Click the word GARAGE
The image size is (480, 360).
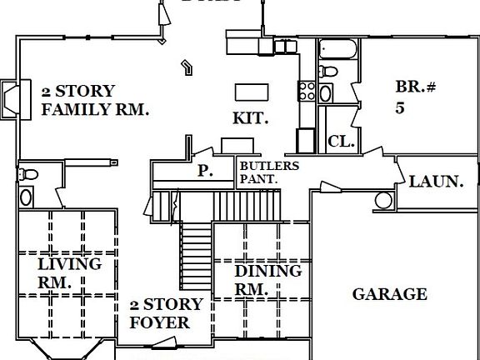click(x=389, y=294)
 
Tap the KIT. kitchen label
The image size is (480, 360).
click(x=250, y=119)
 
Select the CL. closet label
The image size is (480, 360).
click(x=341, y=142)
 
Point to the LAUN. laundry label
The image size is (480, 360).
click(x=436, y=180)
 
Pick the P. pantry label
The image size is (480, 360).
click(x=204, y=172)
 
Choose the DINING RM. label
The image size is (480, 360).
click(x=267, y=280)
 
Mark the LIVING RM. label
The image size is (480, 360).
click(x=69, y=272)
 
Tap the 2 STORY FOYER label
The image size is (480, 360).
click(x=167, y=313)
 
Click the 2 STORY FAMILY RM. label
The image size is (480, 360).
click(x=94, y=100)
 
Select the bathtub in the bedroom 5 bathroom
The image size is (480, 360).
click(x=337, y=48)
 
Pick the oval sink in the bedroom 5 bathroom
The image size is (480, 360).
click(x=325, y=92)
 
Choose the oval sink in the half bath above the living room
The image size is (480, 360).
click(x=26, y=197)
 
